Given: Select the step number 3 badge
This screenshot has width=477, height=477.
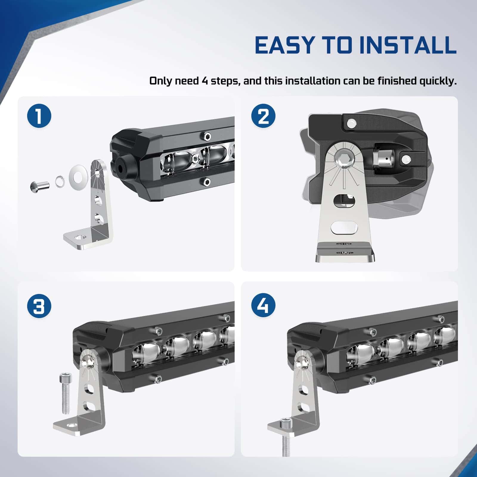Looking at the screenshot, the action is pos(39,306).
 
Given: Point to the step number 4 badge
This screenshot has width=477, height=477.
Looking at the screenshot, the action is pos(264,306).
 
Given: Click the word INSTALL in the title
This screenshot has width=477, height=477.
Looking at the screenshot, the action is pos(408,45).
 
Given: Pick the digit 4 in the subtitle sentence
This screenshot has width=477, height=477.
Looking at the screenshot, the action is pos(205,81).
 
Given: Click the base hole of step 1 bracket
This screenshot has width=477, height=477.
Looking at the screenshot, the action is pos(80,238).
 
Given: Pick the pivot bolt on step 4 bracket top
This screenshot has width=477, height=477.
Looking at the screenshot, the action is pos(302,363).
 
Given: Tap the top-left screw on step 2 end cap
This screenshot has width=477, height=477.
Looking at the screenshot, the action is pos(351,123).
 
